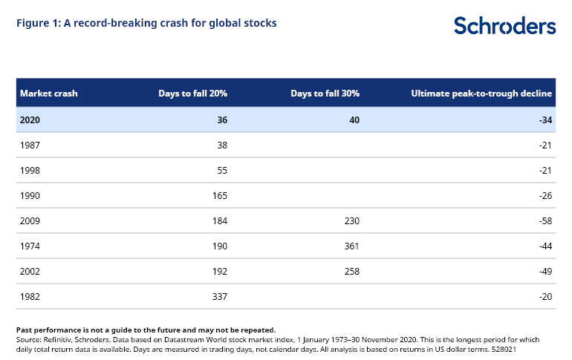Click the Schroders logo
504,25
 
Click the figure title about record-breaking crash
146,23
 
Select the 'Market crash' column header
49,94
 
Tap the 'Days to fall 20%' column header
192,94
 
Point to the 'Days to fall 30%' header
325,94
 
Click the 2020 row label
30,120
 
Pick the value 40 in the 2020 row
353,120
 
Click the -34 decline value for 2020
545,120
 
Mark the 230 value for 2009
351,220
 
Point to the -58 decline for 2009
545,220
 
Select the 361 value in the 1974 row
351,246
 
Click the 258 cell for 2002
351,271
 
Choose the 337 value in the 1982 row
219,296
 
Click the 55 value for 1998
221,170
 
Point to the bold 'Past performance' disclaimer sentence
146,329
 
